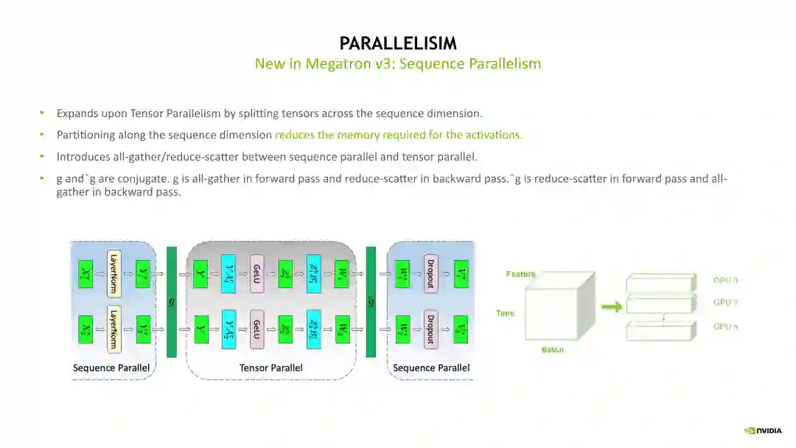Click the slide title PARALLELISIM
click(x=398, y=43)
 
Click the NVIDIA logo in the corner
click(x=766, y=431)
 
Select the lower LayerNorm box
click(x=114, y=328)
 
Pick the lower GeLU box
click(x=257, y=328)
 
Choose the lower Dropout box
click(x=431, y=328)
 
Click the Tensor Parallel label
click(x=270, y=368)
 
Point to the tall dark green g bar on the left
click(x=172, y=301)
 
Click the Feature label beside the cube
click(x=520, y=274)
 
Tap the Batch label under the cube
click(x=552, y=349)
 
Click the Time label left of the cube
click(x=506, y=313)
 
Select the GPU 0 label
click(x=725, y=280)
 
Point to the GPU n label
click(x=725, y=326)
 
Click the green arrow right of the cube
click(x=611, y=306)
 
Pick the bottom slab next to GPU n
click(x=660, y=330)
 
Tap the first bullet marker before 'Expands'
click(x=42, y=113)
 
